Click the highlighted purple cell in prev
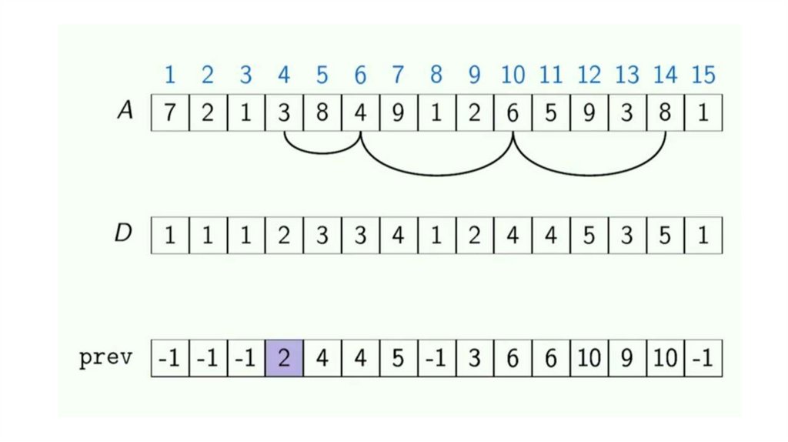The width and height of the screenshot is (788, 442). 284,358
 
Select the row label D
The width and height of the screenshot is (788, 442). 124,233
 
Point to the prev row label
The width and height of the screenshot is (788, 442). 105,358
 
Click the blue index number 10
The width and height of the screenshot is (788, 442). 513,75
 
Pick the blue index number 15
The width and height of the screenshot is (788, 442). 703,75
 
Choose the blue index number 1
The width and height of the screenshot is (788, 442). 170,75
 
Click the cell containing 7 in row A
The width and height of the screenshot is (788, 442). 170,112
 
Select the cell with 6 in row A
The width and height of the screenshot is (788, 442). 513,112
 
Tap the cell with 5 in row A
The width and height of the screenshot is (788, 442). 551,112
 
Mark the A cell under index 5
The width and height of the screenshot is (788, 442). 322,112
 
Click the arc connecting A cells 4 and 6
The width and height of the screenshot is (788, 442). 322,149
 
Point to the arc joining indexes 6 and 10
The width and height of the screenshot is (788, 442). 436,174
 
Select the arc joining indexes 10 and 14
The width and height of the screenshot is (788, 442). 589,174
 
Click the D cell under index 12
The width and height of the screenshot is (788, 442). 589,234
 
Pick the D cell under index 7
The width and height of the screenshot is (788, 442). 399,234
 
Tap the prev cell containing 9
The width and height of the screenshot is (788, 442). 627,358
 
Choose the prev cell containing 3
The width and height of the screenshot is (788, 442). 475,358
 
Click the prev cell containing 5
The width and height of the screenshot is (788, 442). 399,358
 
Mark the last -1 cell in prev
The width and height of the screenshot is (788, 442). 703,358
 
